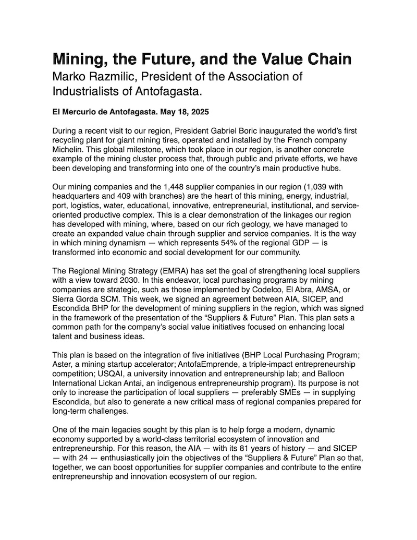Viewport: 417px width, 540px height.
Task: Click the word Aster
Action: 63,363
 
